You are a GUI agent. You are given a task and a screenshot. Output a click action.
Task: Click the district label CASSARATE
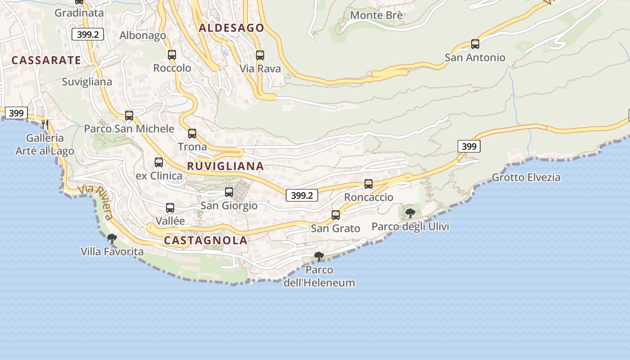pyautogui.click(x=46, y=60)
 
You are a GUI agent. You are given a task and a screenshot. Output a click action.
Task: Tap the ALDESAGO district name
pyautogui.click(x=231, y=28)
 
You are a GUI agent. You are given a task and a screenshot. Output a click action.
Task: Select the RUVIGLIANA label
pyautogui.click(x=225, y=166)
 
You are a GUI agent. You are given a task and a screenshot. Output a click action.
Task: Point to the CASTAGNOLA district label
pyautogui.click(x=206, y=240)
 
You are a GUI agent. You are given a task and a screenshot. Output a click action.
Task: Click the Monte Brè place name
pyautogui.click(x=376, y=15)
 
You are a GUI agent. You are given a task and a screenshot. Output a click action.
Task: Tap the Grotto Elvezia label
pyautogui.click(x=526, y=177)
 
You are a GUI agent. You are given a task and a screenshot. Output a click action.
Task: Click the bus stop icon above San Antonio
pyautogui.click(x=475, y=44)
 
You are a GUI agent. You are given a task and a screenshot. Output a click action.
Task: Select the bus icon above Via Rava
pyautogui.click(x=260, y=55)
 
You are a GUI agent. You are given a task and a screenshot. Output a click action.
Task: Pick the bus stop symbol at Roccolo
pyautogui.click(x=172, y=55)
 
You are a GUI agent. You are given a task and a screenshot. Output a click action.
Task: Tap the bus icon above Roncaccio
pyautogui.click(x=369, y=184)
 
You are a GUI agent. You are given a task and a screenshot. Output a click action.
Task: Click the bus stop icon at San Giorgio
pyautogui.click(x=229, y=192)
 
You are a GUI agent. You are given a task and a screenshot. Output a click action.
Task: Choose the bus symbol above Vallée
pyautogui.click(x=170, y=208)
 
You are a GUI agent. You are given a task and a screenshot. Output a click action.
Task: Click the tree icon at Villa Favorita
pyautogui.click(x=112, y=238)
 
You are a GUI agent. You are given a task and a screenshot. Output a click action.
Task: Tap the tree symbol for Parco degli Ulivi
pyautogui.click(x=410, y=213)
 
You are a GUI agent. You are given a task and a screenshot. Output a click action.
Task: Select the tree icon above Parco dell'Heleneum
pyautogui.click(x=319, y=256)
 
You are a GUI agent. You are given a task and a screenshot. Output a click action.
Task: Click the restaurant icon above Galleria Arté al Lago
pyautogui.click(x=45, y=125)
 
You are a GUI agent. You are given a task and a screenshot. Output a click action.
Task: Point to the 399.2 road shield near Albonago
pyautogui.click(x=88, y=35)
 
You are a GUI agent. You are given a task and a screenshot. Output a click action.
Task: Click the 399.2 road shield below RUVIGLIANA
pyautogui.click(x=302, y=195)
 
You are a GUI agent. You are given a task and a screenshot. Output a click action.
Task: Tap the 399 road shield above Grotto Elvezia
pyautogui.click(x=469, y=146)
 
